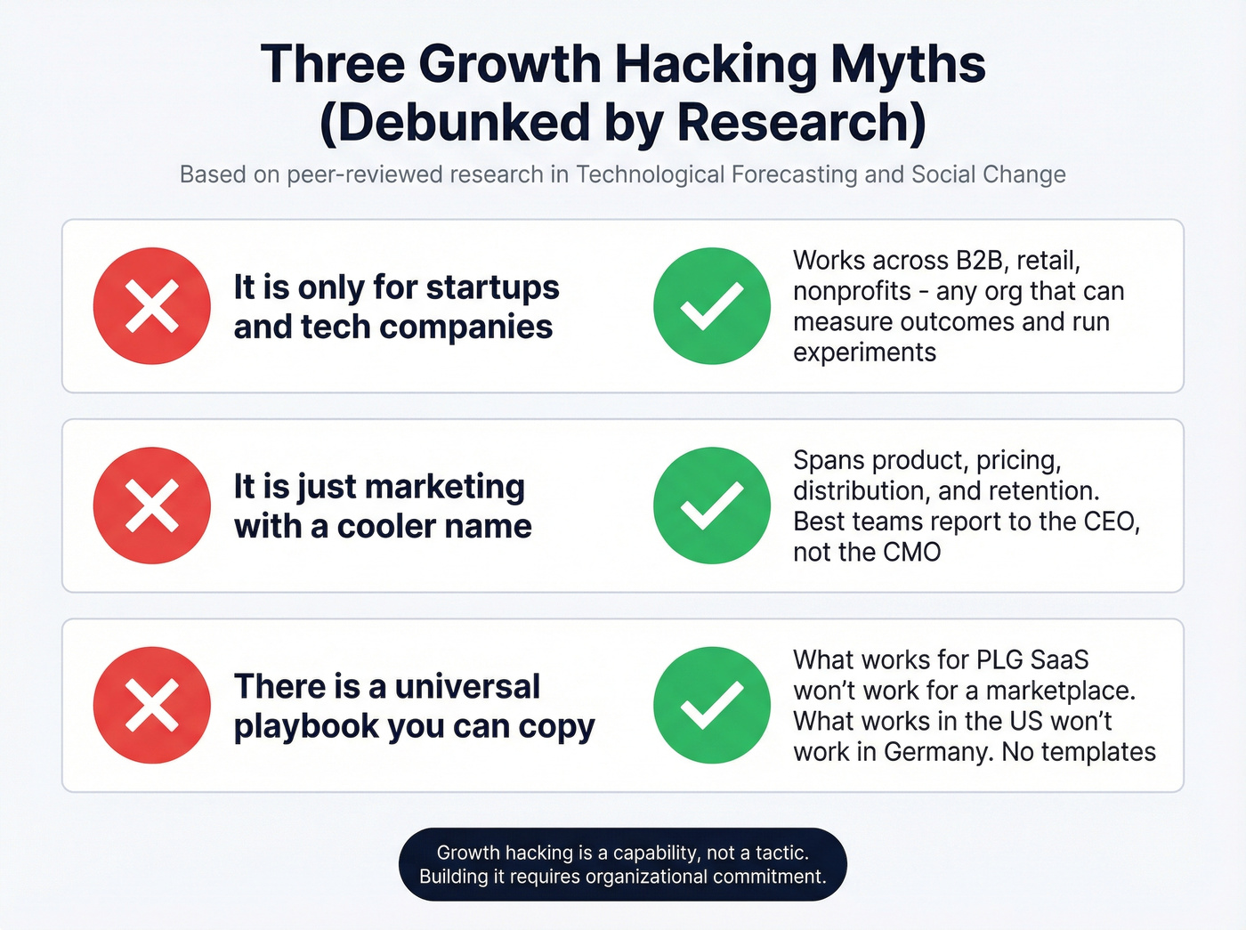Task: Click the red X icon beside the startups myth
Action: click(152, 306)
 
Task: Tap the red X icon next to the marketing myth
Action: click(152, 505)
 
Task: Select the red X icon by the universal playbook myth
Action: click(152, 705)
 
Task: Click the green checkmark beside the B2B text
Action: click(712, 306)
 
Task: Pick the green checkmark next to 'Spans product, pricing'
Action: click(712, 505)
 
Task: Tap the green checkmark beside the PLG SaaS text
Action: click(712, 705)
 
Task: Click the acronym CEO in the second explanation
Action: click(1111, 521)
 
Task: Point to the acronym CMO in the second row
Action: click(912, 552)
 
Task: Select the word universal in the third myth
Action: click(467, 687)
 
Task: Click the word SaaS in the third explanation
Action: click(1059, 660)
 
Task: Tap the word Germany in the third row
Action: click(937, 752)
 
